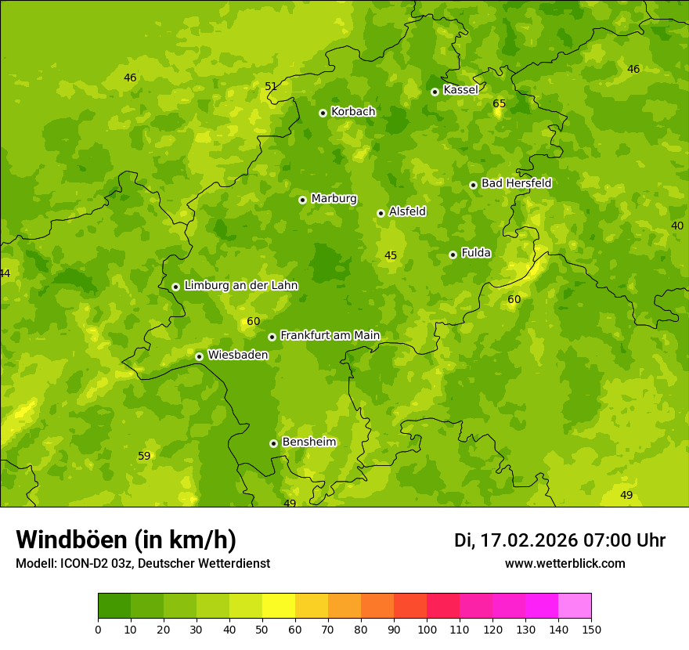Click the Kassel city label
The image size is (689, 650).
coord(460,90)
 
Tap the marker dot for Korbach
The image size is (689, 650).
coord(323,113)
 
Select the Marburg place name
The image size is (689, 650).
coord(334,199)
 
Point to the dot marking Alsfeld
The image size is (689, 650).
coord(381,213)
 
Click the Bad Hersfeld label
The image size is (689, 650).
coord(516,183)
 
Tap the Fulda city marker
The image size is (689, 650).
coord(453,255)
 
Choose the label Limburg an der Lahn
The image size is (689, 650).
coord(240,286)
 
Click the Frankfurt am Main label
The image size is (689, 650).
coord(330,336)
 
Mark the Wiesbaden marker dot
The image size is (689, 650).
coord(199,356)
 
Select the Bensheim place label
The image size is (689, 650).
coord(308,442)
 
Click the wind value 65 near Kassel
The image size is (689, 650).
coord(499,103)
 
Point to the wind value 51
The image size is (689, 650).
coord(271,86)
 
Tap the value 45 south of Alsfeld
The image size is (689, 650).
coord(391,255)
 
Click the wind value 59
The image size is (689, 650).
coord(144,456)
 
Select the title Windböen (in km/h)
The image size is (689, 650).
coord(126,540)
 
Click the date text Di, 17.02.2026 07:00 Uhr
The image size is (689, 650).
coord(560,540)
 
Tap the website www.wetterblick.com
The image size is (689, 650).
coord(565,564)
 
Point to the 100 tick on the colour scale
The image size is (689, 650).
coord(427,630)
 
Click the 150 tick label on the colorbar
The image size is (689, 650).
coord(591,630)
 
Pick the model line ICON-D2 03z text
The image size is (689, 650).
coord(142,564)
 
